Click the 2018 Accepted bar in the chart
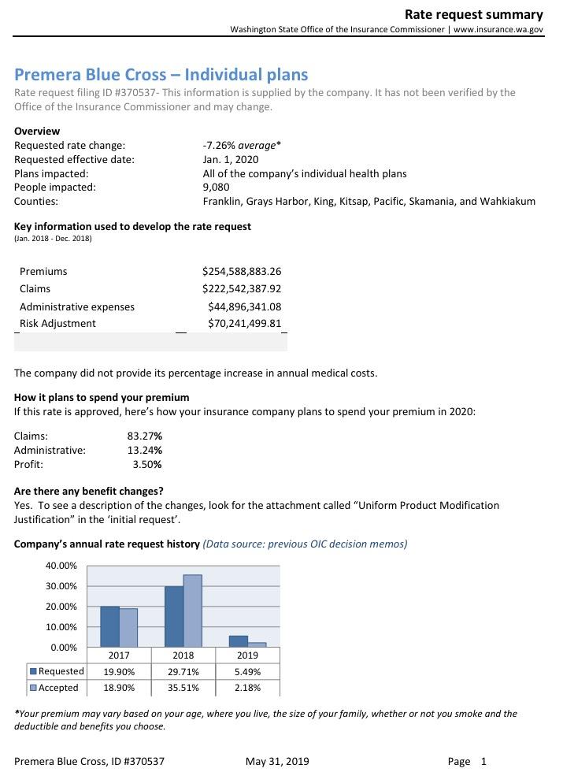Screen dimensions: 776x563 tap(193, 611)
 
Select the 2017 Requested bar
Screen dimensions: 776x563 tap(110, 626)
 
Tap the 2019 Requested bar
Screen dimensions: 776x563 tap(239, 641)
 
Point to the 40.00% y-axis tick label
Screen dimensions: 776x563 tap(61, 566)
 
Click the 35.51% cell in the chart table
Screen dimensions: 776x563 tap(183, 688)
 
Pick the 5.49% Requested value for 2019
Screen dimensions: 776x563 tap(247, 672)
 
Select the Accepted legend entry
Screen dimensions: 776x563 tap(54, 688)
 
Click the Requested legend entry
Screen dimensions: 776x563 tap(57, 672)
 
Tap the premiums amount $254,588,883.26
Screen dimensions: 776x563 tap(242, 272)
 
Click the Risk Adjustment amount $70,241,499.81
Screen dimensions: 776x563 tap(244, 324)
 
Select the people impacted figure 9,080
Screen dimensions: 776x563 tap(217, 188)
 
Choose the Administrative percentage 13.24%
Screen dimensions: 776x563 tap(145, 451)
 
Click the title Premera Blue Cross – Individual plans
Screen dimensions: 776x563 tap(161, 75)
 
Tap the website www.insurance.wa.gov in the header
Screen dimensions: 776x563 tap(498, 29)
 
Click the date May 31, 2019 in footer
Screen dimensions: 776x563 tap(277, 762)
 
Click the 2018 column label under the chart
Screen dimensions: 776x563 tap(183, 655)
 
